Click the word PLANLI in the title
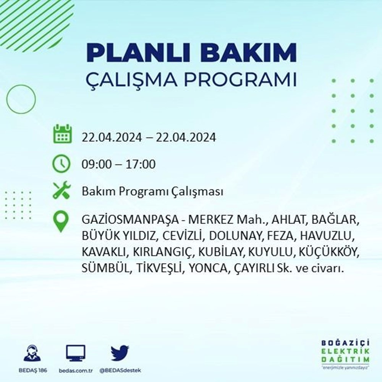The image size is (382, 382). coord(139,52)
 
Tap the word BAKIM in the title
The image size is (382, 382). coord(248,52)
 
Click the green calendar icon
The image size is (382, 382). coord(62,134)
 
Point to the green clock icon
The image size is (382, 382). coord(62,164)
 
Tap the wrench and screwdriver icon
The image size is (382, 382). coord(62,190)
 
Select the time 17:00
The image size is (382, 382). coord(141,164)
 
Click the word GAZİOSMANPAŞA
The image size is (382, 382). coord(130,220)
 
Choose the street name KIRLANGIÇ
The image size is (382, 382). coord(163,253)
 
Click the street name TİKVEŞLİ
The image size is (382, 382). coord(159,269)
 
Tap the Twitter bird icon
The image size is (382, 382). coord(120,353)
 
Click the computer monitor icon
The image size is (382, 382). coord(76,353)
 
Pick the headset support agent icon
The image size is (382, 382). coord(32,353)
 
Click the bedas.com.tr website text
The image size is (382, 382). coord(76,371)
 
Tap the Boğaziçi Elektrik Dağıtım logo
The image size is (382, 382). coord(345,354)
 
